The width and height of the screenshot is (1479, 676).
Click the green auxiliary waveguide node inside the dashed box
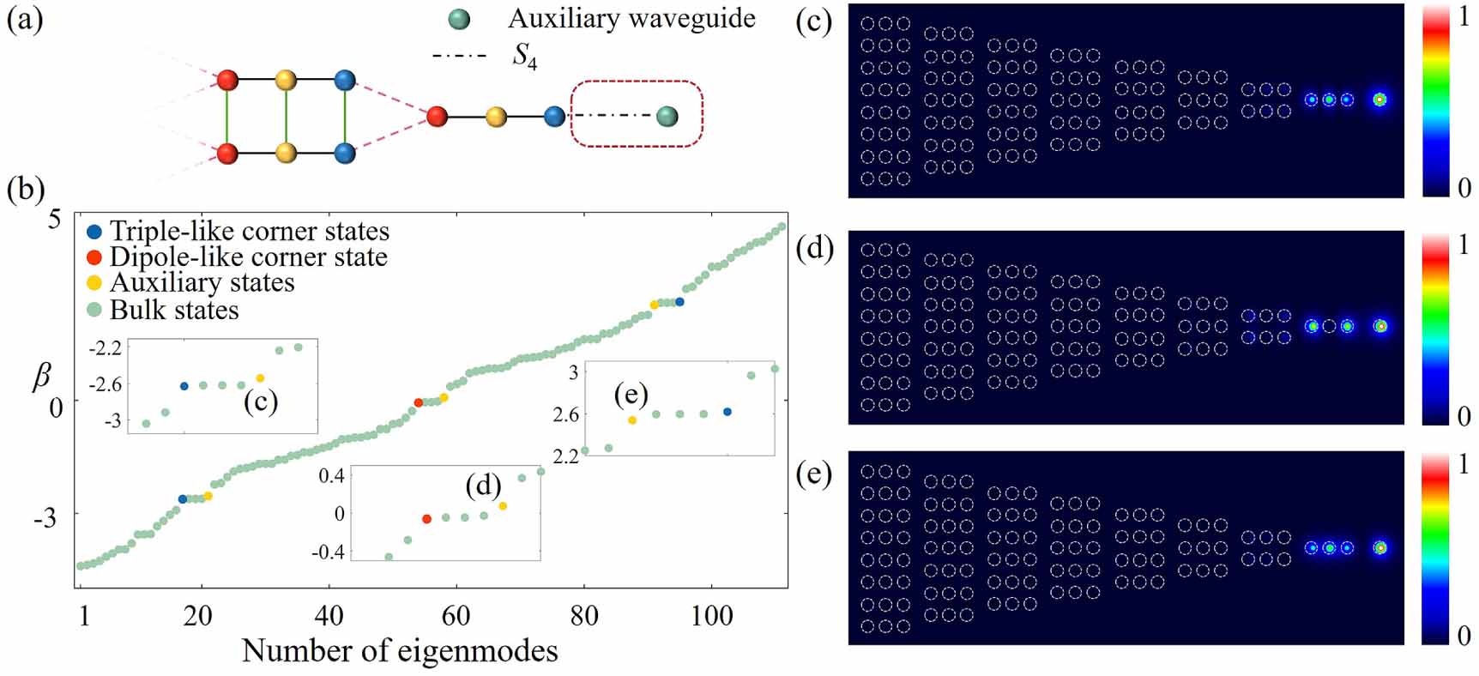[x=667, y=116]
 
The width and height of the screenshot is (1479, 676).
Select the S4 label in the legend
[x=524, y=57]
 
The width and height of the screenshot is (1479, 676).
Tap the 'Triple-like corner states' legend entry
[x=238, y=231]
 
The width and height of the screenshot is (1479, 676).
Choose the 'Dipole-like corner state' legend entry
[x=237, y=257]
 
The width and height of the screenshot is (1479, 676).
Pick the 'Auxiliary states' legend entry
[x=190, y=282]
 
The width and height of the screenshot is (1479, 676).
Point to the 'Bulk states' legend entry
[x=163, y=309]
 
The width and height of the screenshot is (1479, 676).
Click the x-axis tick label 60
[x=456, y=615]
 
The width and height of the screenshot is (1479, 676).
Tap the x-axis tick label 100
[x=712, y=615]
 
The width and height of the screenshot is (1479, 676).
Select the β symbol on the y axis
[x=42, y=376]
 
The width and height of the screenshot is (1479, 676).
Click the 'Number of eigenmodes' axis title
[x=400, y=651]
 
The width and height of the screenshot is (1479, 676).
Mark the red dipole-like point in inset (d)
[x=426, y=519]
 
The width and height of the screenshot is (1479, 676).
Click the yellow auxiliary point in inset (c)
[x=260, y=378]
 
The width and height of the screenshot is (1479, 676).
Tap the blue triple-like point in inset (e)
[x=727, y=412]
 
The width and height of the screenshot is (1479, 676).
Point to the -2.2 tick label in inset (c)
[x=104, y=348]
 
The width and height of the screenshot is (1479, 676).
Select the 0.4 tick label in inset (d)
[x=331, y=476]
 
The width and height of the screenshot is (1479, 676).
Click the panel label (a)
[x=24, y=18]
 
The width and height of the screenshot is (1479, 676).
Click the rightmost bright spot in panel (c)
[x=1379, y=100]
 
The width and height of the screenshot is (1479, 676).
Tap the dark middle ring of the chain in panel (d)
[x=1329, y=326]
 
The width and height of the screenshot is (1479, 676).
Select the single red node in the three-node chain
[x=438, y=116]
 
